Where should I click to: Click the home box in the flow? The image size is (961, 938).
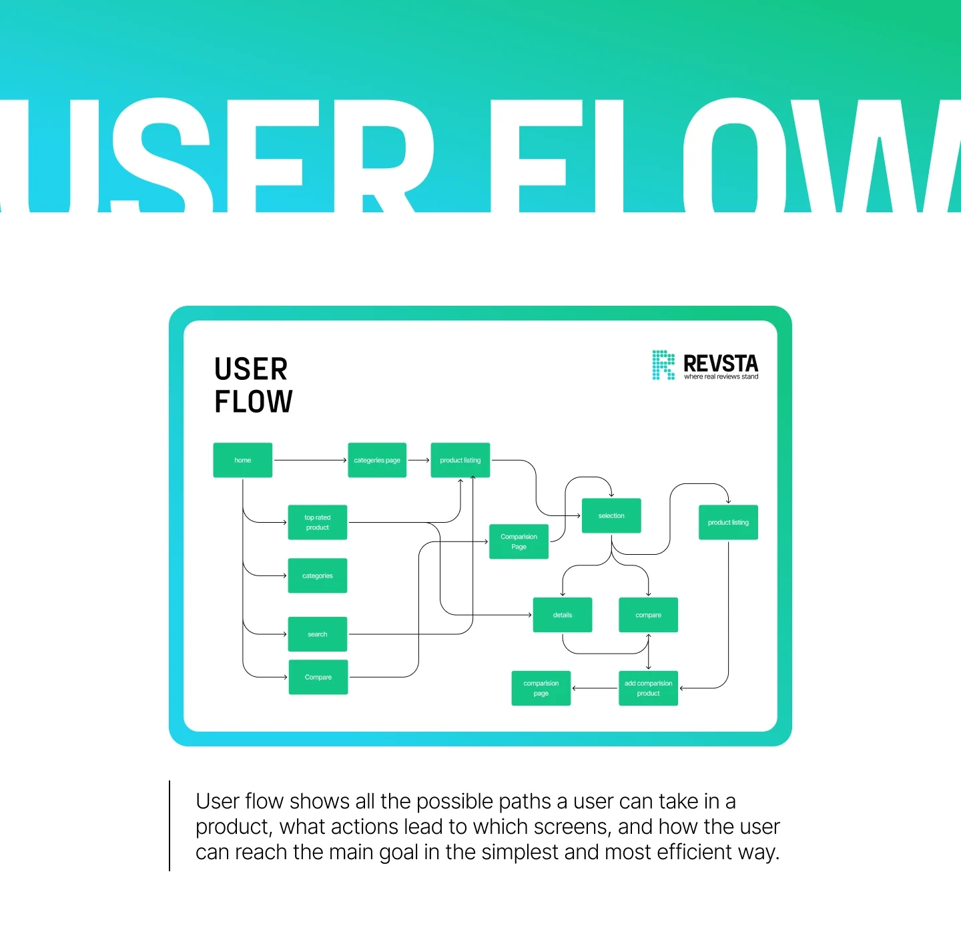point(242,460)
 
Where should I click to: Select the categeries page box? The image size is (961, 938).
point(377,460)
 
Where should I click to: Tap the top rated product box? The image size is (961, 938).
point(318,522)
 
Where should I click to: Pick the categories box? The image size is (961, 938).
point(318,575)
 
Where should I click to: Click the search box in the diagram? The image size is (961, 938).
point(318,634)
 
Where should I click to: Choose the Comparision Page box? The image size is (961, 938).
point(519,541)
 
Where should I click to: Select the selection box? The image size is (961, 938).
point(611,515)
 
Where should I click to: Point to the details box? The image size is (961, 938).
point(563,615)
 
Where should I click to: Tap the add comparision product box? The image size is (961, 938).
point(648,688)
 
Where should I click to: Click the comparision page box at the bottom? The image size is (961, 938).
point(541,688)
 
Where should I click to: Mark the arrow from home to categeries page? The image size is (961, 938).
point(310,460)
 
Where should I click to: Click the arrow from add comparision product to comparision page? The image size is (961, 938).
point(595,688)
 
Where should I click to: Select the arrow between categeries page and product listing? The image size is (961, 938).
point(418,460)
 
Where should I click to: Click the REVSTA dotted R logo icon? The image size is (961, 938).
point(663,365)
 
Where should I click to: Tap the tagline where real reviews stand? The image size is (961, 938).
point(721,377)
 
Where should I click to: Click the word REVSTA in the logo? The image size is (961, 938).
point(721,363)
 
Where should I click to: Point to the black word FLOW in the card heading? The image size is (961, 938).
point(254,402)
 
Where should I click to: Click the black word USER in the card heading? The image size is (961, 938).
point(251,369)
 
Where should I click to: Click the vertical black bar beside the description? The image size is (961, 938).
point(170,826)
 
